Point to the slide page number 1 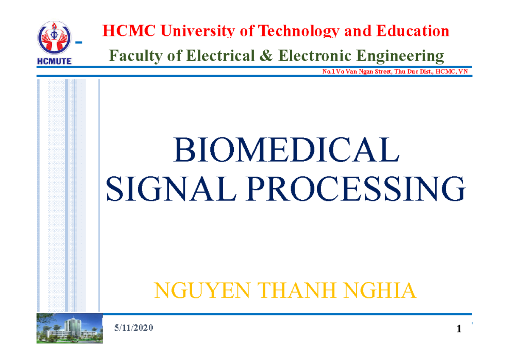pos(459,329)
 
